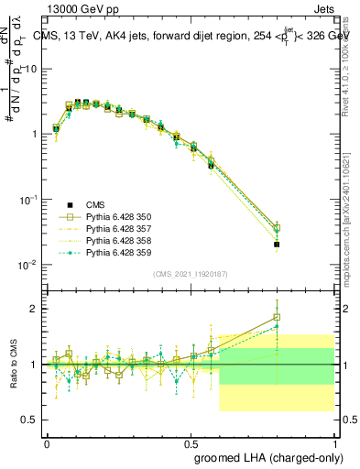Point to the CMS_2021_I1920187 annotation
190,274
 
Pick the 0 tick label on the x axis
47,442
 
